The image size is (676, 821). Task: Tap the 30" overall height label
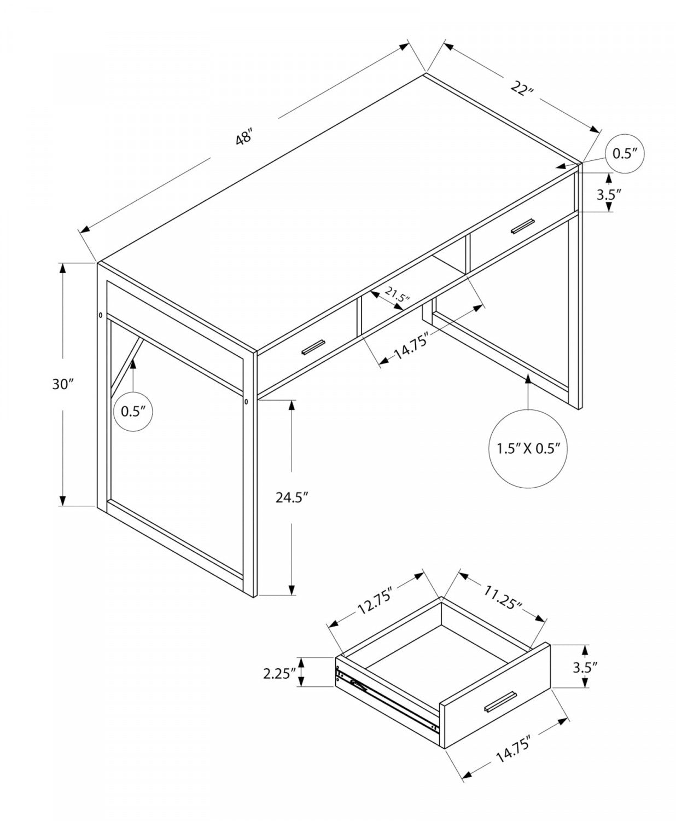63,384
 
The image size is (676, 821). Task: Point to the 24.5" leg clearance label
293,498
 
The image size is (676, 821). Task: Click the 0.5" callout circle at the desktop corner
625,153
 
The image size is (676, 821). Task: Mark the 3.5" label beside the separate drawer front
585,667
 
